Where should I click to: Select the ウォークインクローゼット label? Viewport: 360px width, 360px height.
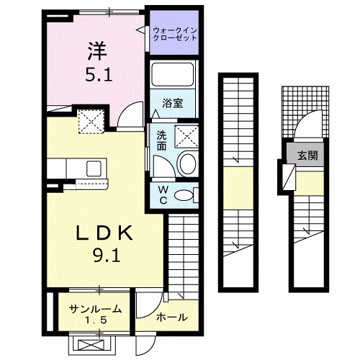tap(175, 32)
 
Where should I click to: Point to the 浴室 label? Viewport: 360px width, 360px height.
tap(173, 103)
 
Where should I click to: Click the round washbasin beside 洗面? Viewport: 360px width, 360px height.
tap(186, 163)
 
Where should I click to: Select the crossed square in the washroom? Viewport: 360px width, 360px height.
tap(186, 135)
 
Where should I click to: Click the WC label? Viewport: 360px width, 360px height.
tap(163, 194)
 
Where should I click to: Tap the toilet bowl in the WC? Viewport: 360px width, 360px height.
tap(186, 194)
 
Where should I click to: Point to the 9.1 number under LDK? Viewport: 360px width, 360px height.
tap(105, 256)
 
